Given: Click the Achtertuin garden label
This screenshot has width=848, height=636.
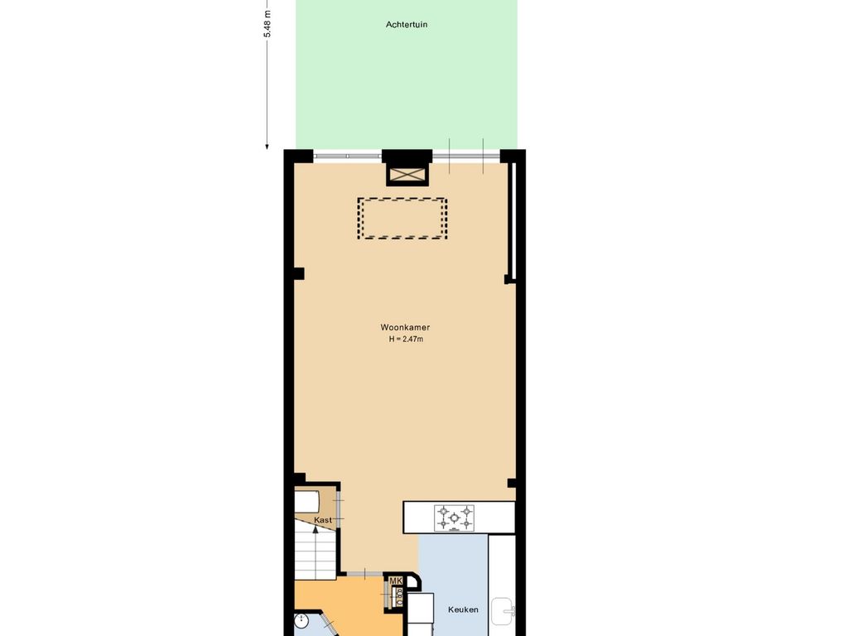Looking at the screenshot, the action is click(x=406, y=24).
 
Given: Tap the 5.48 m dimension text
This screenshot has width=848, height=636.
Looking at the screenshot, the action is click(x=267, y=24).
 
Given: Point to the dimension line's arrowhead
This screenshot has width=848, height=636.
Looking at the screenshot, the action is click(x=267, y=146).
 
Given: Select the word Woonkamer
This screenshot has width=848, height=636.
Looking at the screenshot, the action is click(x=405, y=327).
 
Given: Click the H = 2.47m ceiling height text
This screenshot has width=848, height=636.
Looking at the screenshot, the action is click(x=406, y=339).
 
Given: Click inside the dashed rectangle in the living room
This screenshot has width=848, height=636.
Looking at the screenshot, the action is click(x=402, y=219).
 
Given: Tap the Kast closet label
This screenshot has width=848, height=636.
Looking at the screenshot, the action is click(x=323, y=520).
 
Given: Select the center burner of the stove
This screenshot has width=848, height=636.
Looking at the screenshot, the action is click(x=455, y=518).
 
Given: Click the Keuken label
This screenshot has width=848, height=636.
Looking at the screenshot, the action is click(x=463, y=609).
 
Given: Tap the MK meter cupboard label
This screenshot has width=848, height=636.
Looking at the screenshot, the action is click(x=396, y=581).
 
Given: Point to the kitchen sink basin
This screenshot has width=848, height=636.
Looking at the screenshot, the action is click(x=503, y=611).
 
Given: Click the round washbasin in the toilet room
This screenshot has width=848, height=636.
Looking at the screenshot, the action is click(x=301, y=621).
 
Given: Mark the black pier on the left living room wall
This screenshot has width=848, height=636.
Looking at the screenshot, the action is click(x=298, y=273).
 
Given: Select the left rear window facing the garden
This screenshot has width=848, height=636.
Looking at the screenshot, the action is click(x=348, y=157).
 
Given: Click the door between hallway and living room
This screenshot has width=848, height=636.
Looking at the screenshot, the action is click(x=364, y=573).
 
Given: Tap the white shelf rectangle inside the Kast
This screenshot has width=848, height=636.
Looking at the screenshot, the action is click(x=306, y=501).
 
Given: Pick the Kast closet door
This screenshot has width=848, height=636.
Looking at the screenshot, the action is click(x=339, y=509).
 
